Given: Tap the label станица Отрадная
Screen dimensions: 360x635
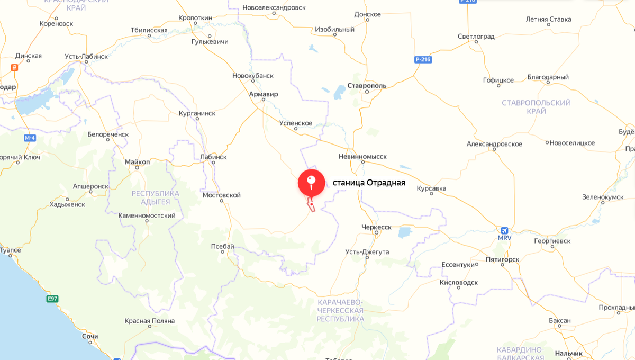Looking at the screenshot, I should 369,183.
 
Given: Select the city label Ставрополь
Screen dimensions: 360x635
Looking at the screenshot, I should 367,86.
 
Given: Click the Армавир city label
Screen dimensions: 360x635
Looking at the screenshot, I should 264,94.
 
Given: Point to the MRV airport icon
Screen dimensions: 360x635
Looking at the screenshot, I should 505,231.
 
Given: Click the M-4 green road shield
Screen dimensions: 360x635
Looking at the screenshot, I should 30,138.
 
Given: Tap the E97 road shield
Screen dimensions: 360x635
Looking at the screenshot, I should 51,299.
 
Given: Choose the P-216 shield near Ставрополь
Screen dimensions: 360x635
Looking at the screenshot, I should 423,59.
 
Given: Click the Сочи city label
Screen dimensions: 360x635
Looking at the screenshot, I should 90,336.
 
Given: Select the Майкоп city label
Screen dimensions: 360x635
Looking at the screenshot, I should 138,161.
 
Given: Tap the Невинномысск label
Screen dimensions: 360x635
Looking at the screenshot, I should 362,157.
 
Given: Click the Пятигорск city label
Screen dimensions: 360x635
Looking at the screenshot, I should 502,259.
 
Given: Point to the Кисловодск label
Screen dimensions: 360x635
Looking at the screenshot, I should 459,282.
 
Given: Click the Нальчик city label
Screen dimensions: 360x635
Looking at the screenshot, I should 569,353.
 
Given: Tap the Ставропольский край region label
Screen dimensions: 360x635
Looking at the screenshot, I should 536,107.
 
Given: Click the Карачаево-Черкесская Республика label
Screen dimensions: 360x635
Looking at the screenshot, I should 340,310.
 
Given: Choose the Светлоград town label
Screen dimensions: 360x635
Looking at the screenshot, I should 476,37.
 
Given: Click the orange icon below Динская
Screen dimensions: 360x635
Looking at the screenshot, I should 14,67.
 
